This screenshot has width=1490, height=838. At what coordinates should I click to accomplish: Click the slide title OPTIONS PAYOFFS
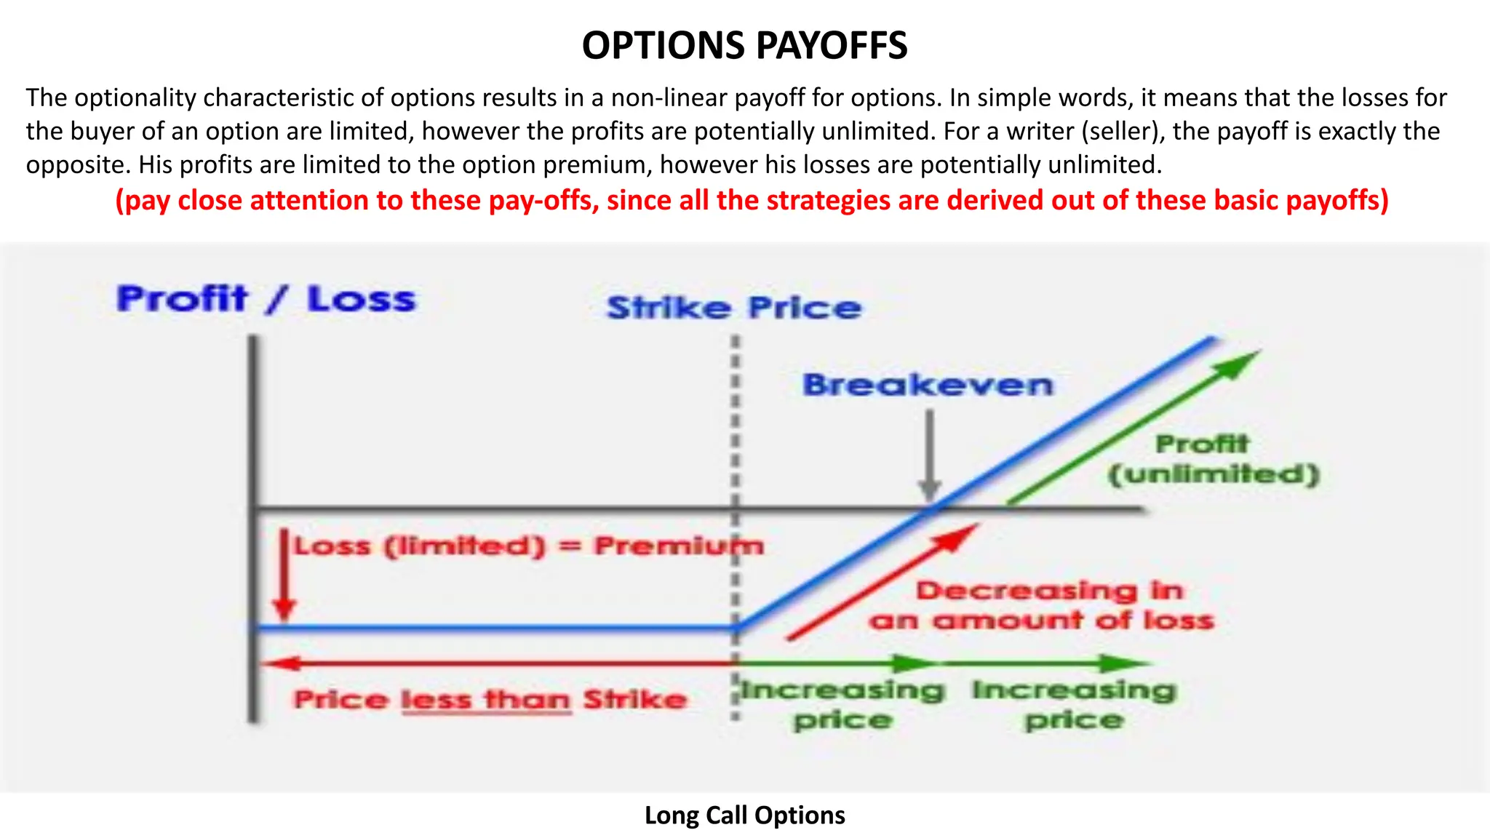[x=744, y=45]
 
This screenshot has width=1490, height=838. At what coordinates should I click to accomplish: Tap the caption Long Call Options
[x=744, y=815]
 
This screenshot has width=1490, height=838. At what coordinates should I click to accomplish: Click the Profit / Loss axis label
[x=266, y=299]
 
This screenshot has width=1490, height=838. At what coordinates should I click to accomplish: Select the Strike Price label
[x=733, y=308]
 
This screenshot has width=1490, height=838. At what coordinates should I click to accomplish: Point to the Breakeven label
[x=928, y=385]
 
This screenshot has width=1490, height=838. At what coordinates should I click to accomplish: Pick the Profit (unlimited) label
[x=1213, y=459]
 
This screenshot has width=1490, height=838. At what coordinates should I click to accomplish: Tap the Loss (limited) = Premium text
[x=528, y=546]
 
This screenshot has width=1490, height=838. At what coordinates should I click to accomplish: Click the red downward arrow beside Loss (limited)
[x=284, y=575]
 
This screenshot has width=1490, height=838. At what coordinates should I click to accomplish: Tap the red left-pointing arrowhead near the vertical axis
[x=276, y=663]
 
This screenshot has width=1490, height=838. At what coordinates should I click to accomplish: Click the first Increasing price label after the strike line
[x=842, y=704]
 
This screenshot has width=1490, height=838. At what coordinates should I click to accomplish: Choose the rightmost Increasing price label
[x=1074, y=704]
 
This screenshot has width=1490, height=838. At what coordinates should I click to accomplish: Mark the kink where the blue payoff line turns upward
[x=736, y=627]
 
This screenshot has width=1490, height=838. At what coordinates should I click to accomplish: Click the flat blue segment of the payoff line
[x=495, y=628]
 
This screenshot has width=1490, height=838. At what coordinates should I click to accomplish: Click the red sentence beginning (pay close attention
[x=752, y=200]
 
